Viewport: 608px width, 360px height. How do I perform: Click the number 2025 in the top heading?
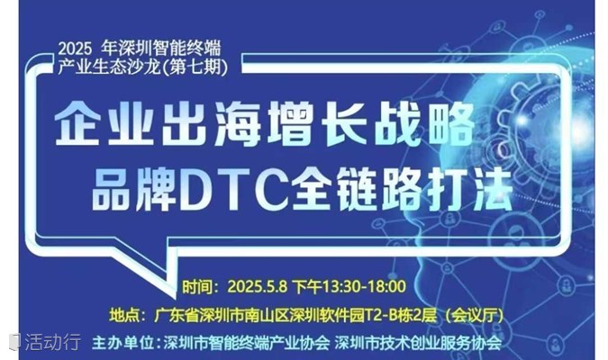click(76, 49)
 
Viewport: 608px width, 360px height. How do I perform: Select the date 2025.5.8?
click(258, 287)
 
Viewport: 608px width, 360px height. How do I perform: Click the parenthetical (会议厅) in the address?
click(473, 315)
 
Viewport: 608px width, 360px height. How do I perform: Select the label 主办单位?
click(123, 343)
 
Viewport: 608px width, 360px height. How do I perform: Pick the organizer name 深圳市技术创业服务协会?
click(418, 343)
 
